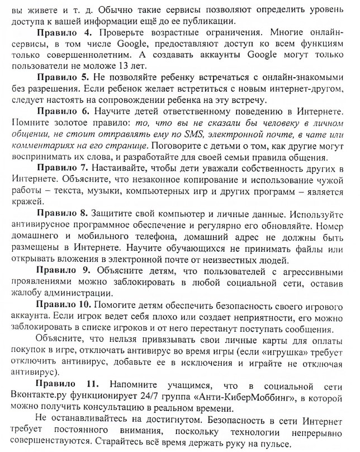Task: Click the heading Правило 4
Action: tap(61, 33)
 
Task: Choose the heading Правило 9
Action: tap(61, 271)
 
